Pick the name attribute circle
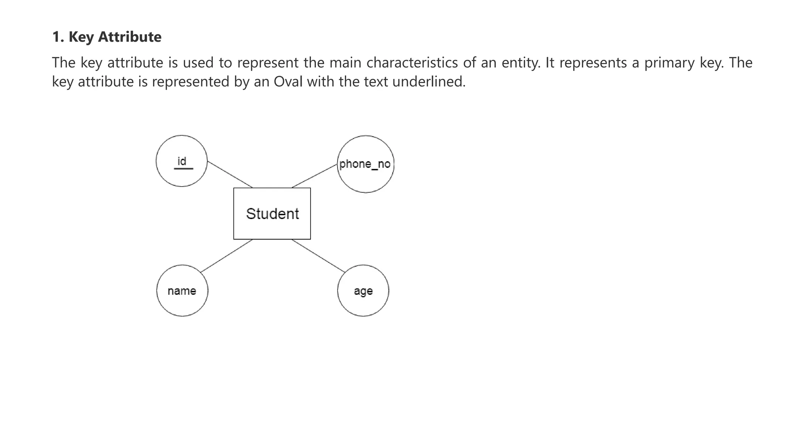[x=182, y=303]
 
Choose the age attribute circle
[x=363, y=303]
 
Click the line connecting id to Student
[x=230, y=174]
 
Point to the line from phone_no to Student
[x=314, y=176]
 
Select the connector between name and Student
[x=227, y=256]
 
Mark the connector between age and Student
[x=318, y=256]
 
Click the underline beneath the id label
[x=183, y=169]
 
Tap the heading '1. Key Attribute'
[x=107, y=37]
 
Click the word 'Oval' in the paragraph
[x=288, y=82]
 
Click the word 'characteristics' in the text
[x=412, y=63]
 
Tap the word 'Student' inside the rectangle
[x=272, y=214]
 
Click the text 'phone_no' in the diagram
[x=365, y=164]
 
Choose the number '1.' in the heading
[x=58, y=37]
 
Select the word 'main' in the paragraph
[x=345, y=63]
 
